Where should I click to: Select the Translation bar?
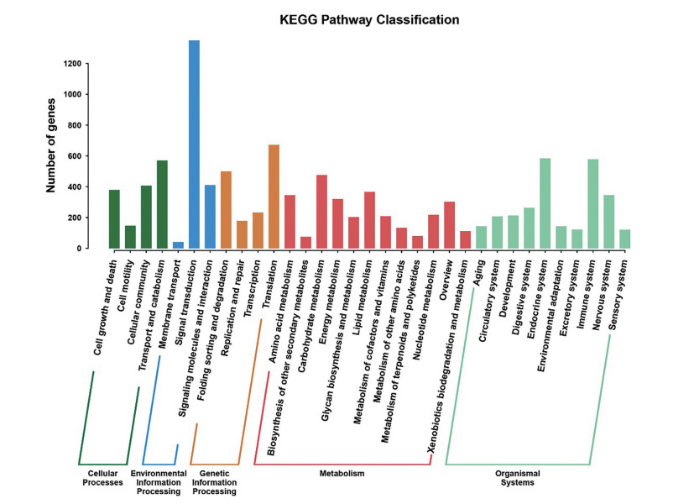(x=274, y=197)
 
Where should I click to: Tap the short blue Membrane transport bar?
(x=178, y=245)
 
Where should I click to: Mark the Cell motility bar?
(x=130, y=237)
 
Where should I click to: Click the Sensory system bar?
(x=624, y=239)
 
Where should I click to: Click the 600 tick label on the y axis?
(x=74, y=156)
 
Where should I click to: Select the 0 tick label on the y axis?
(x=78, y=249)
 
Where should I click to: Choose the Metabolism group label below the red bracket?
(x=342, y=474)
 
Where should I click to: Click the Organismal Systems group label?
(x=517, y=478)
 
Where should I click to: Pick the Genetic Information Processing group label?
(x=214, y=482)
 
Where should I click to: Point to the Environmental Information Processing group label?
(x=159, y=482)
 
